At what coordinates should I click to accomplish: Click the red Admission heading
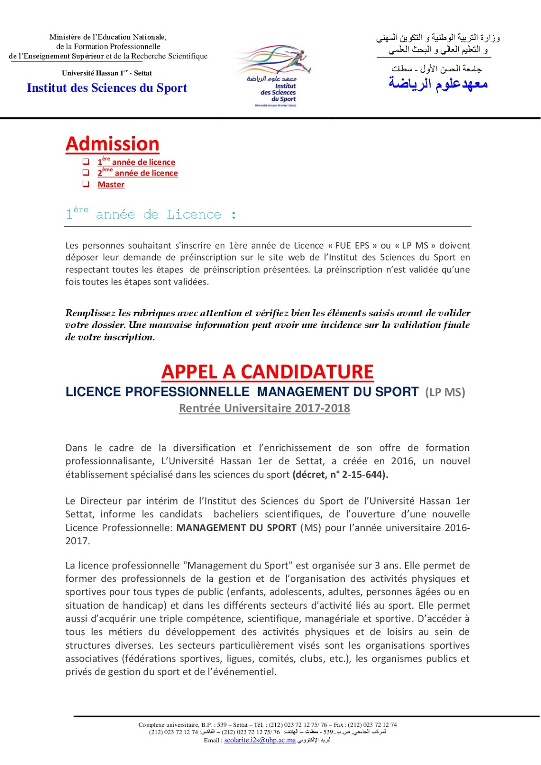pyautogui.click(x=112, y=144)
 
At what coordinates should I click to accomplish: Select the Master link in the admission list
pyautogui.click(x=111, y=185)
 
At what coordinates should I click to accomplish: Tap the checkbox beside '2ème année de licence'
pyautogui.click(x=86, y=173)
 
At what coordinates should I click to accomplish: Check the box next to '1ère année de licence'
pyautogui.click(x=86, y=162)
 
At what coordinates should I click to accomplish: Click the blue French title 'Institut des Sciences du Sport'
pyautogui.click(x=107, y=88)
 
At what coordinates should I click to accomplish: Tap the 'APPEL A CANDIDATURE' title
pyautogui.click(x=267, y=372)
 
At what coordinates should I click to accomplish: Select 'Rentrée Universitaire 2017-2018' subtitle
pyautogui.click(x=264, y=408)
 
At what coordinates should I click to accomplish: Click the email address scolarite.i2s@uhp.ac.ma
pyautogui.click(x=260, y=740)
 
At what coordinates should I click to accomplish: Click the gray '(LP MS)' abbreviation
pyautogui.click(x=445, y=393)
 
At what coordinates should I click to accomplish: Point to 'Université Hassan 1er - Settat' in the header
pyautogui.click(x=107, y=73)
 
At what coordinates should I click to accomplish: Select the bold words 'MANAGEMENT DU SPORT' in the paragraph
pyautogui.click(x=237, y=528)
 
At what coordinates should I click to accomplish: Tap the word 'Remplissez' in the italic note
pyautogui.click(x=90, y=313)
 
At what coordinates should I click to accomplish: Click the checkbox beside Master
pyautogui.click(x=86, y=184)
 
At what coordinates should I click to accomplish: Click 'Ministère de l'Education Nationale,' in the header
pyautogui.click(x=108, y=37)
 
